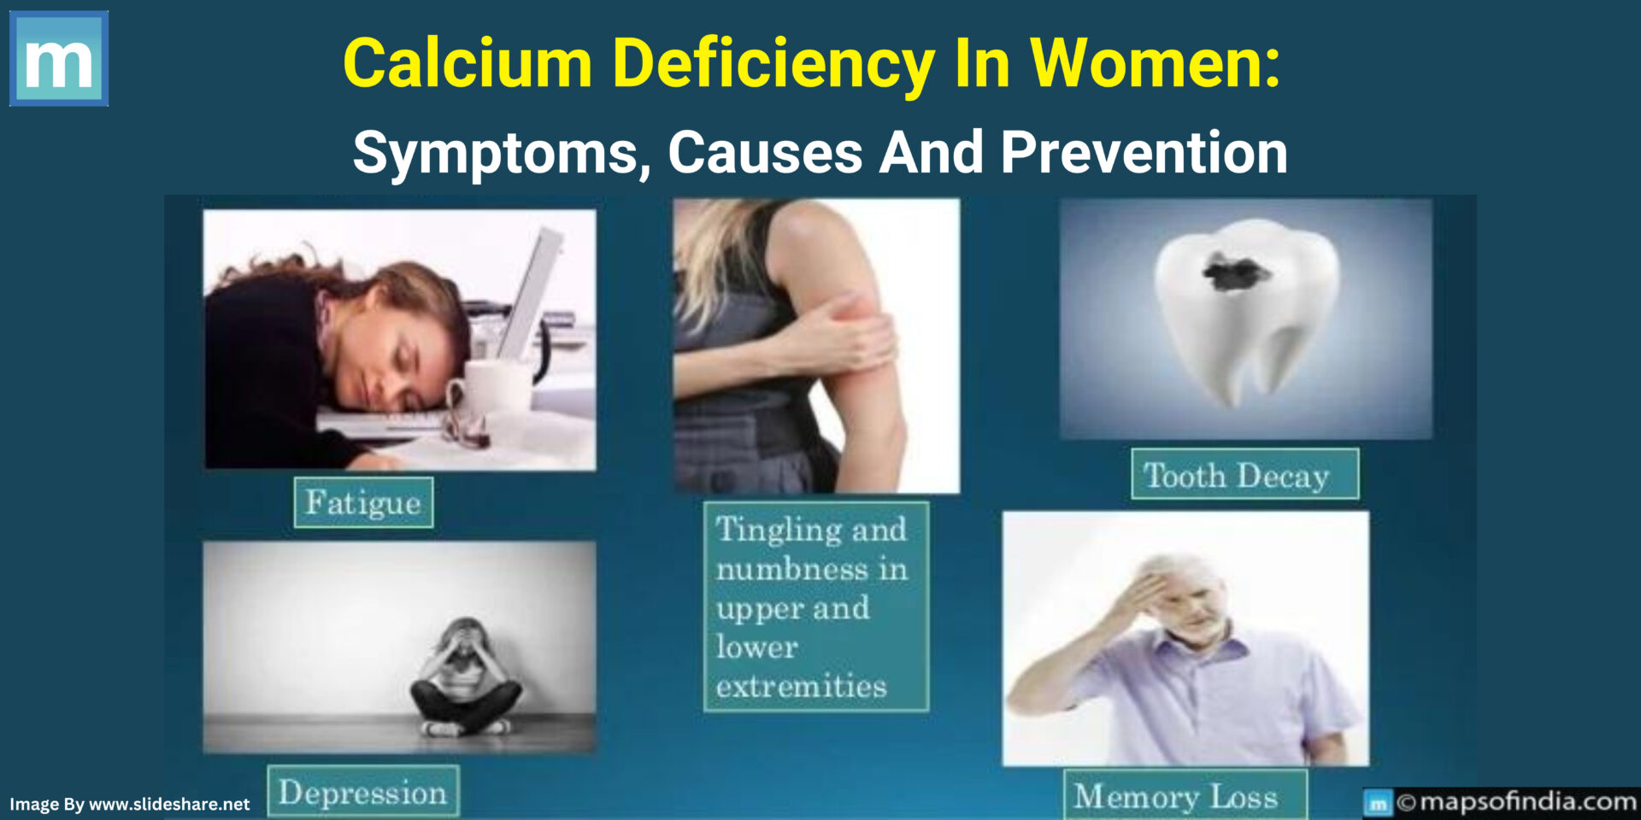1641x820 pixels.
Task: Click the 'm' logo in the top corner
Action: [x=58, y=58]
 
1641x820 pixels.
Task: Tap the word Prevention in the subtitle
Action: [x=1144, y=154]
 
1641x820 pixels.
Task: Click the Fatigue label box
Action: [x=363, y=502]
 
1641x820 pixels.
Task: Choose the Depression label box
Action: [x=363, y=792]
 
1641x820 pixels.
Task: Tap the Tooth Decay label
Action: [x=1244, y=474]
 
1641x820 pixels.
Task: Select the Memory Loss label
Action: [x=1185, y=796]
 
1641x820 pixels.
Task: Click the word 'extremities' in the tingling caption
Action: [x=802, y=686]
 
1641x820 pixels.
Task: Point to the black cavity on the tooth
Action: [x=1236, y=272]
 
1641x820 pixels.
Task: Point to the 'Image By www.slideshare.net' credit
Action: [x=130, y=804]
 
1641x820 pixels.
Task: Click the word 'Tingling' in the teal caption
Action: [x=772, y=530]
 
